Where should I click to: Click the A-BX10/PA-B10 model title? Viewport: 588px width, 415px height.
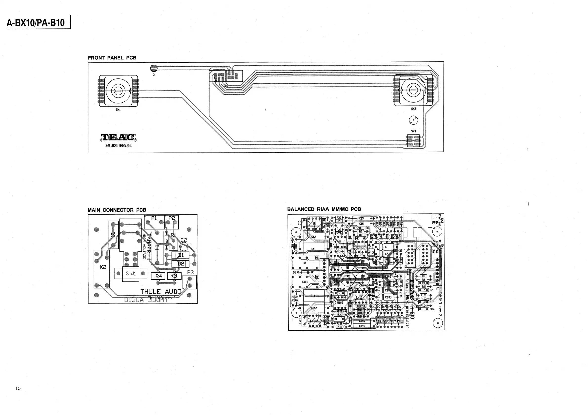36,23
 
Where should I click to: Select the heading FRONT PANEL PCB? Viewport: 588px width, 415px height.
112,58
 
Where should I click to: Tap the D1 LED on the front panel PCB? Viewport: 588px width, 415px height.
154,68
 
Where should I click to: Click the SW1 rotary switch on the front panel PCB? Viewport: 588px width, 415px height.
118,91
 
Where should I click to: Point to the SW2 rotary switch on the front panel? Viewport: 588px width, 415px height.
413,90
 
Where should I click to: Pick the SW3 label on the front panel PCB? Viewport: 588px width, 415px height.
413,132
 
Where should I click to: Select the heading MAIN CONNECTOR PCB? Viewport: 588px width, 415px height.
117,210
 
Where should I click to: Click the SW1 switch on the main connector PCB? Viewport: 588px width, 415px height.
131,274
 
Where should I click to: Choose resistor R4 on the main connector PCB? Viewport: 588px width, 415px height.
159,276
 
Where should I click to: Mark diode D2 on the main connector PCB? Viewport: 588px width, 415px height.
180,264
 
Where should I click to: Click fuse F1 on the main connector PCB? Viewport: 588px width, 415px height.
157,247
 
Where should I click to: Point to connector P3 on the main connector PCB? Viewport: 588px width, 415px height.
190,282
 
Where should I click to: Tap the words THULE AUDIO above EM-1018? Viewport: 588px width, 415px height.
161,292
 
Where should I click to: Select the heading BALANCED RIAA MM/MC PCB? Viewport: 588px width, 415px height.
324,209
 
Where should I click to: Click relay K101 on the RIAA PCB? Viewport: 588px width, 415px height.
305,282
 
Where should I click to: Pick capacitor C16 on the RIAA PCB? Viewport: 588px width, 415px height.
361,224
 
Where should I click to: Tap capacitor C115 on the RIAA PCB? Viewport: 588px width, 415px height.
362,326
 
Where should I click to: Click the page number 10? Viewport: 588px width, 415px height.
18,388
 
